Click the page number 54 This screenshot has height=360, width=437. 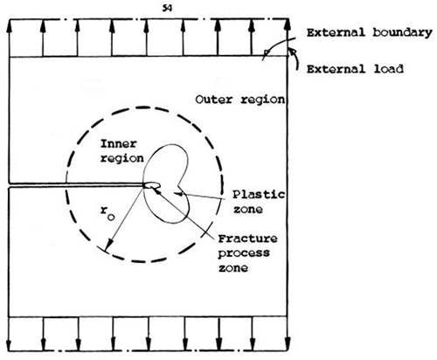(x=167, y=9)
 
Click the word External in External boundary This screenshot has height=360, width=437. (x=336, y=32)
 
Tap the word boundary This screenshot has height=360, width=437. (x=402, y=33)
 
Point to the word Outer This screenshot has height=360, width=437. (x=213, y=100)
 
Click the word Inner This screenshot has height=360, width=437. (x=118, y=144)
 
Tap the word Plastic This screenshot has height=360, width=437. (x=259, y=194)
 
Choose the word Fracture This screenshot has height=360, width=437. (x=247, y=239)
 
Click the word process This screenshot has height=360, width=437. (x=244, y=253)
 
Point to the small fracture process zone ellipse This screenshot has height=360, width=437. (x=152, y=185)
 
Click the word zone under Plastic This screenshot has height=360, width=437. (x=247, y=209)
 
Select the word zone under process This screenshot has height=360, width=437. (x=233, y=268)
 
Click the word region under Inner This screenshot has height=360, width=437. (x=122, y=159)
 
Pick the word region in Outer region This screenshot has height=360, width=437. (x=262, y=100)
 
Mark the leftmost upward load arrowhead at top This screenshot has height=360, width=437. (x=9, y=25)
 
